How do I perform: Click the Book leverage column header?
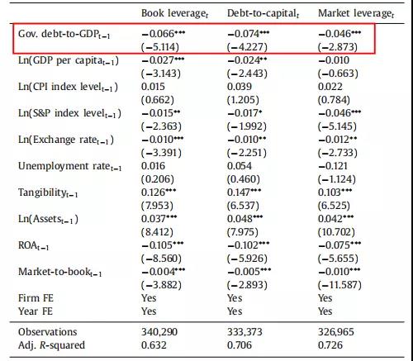pos(174,13)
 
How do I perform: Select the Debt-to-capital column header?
pos(263,13)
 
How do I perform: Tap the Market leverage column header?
pos(356,13)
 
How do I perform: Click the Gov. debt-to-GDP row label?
pos(64,34)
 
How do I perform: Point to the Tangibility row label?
pos(48,192)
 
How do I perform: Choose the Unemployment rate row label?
pos(69,166)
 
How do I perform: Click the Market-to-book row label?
pos(59,272)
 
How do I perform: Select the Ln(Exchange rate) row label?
pos(66,140)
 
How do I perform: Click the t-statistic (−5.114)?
pos(160,47)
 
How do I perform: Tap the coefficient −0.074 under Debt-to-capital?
pos(249,34)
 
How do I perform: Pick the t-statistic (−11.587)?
pos(339,285)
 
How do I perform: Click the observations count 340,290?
pos(159,332)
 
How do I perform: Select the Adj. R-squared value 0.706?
pos(240,345)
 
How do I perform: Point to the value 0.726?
pos(330,345)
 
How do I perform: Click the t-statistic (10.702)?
pos(336,232)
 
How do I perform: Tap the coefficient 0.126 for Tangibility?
pos(159,192)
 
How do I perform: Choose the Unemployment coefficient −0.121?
pos(333,166)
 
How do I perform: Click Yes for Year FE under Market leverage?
pos(325,311)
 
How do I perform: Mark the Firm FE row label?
pos(36,298)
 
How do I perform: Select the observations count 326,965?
pos(336,332)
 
